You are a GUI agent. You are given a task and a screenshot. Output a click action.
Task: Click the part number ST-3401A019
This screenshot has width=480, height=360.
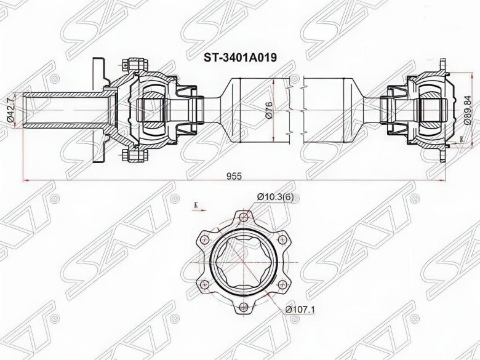[x=240, y=57]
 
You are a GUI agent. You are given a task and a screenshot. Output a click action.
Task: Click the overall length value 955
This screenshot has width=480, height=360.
[x=233, y=175]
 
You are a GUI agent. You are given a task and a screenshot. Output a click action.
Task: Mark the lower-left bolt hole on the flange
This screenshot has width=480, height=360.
[x=203, y=284]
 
